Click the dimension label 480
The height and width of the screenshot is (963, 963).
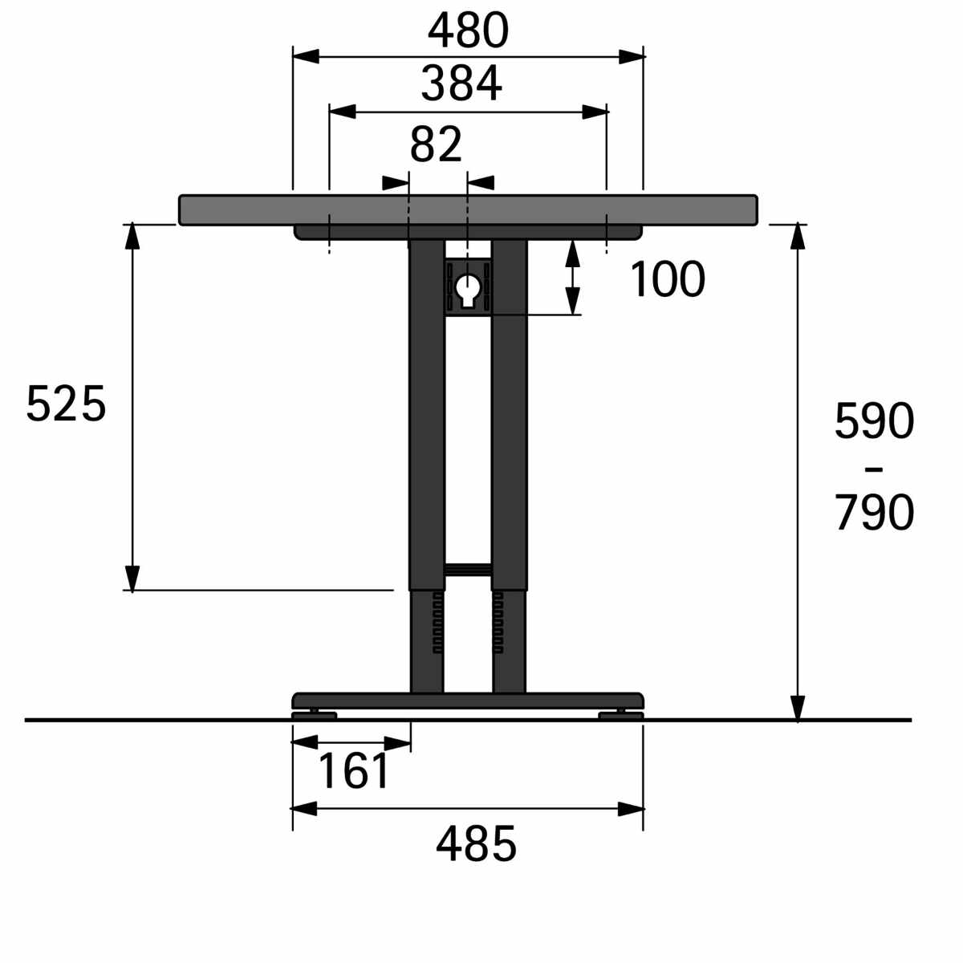pos(468,30)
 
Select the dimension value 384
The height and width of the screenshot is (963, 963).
pos(461,83)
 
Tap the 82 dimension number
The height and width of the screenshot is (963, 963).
pos(436,144)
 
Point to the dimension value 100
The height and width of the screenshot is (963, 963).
pos(667,279)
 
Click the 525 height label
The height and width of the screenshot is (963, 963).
pos(67,404)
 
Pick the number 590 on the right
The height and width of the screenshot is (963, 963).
pos(874,421)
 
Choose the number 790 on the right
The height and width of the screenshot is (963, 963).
pos(874,512)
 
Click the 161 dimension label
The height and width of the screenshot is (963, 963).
pos(353,770)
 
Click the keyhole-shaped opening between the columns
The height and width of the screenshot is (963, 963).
pos(467,290)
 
